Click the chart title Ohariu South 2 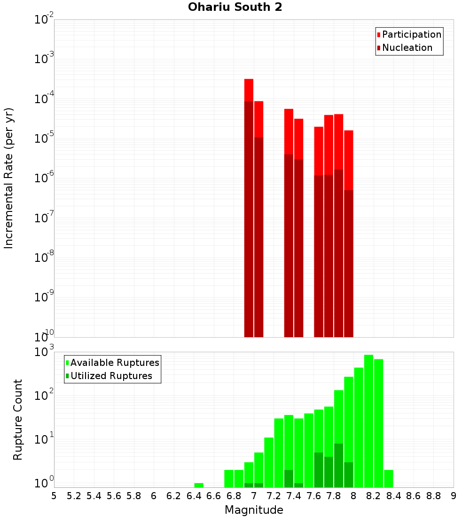coord(235,8)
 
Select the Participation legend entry coord(412,34)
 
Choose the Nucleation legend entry coord(407,48)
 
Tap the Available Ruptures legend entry coord(115,363)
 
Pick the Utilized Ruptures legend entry coord(111,376)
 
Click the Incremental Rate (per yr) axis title coord(9,178)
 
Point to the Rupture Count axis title coord(18,419)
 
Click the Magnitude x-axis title coord(254,510)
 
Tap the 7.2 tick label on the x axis coord(274,495)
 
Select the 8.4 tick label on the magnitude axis coord(393,495)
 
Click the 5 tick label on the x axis coord(54,495)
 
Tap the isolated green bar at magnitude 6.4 coord(199,485)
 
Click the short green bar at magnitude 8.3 coord(388,478)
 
